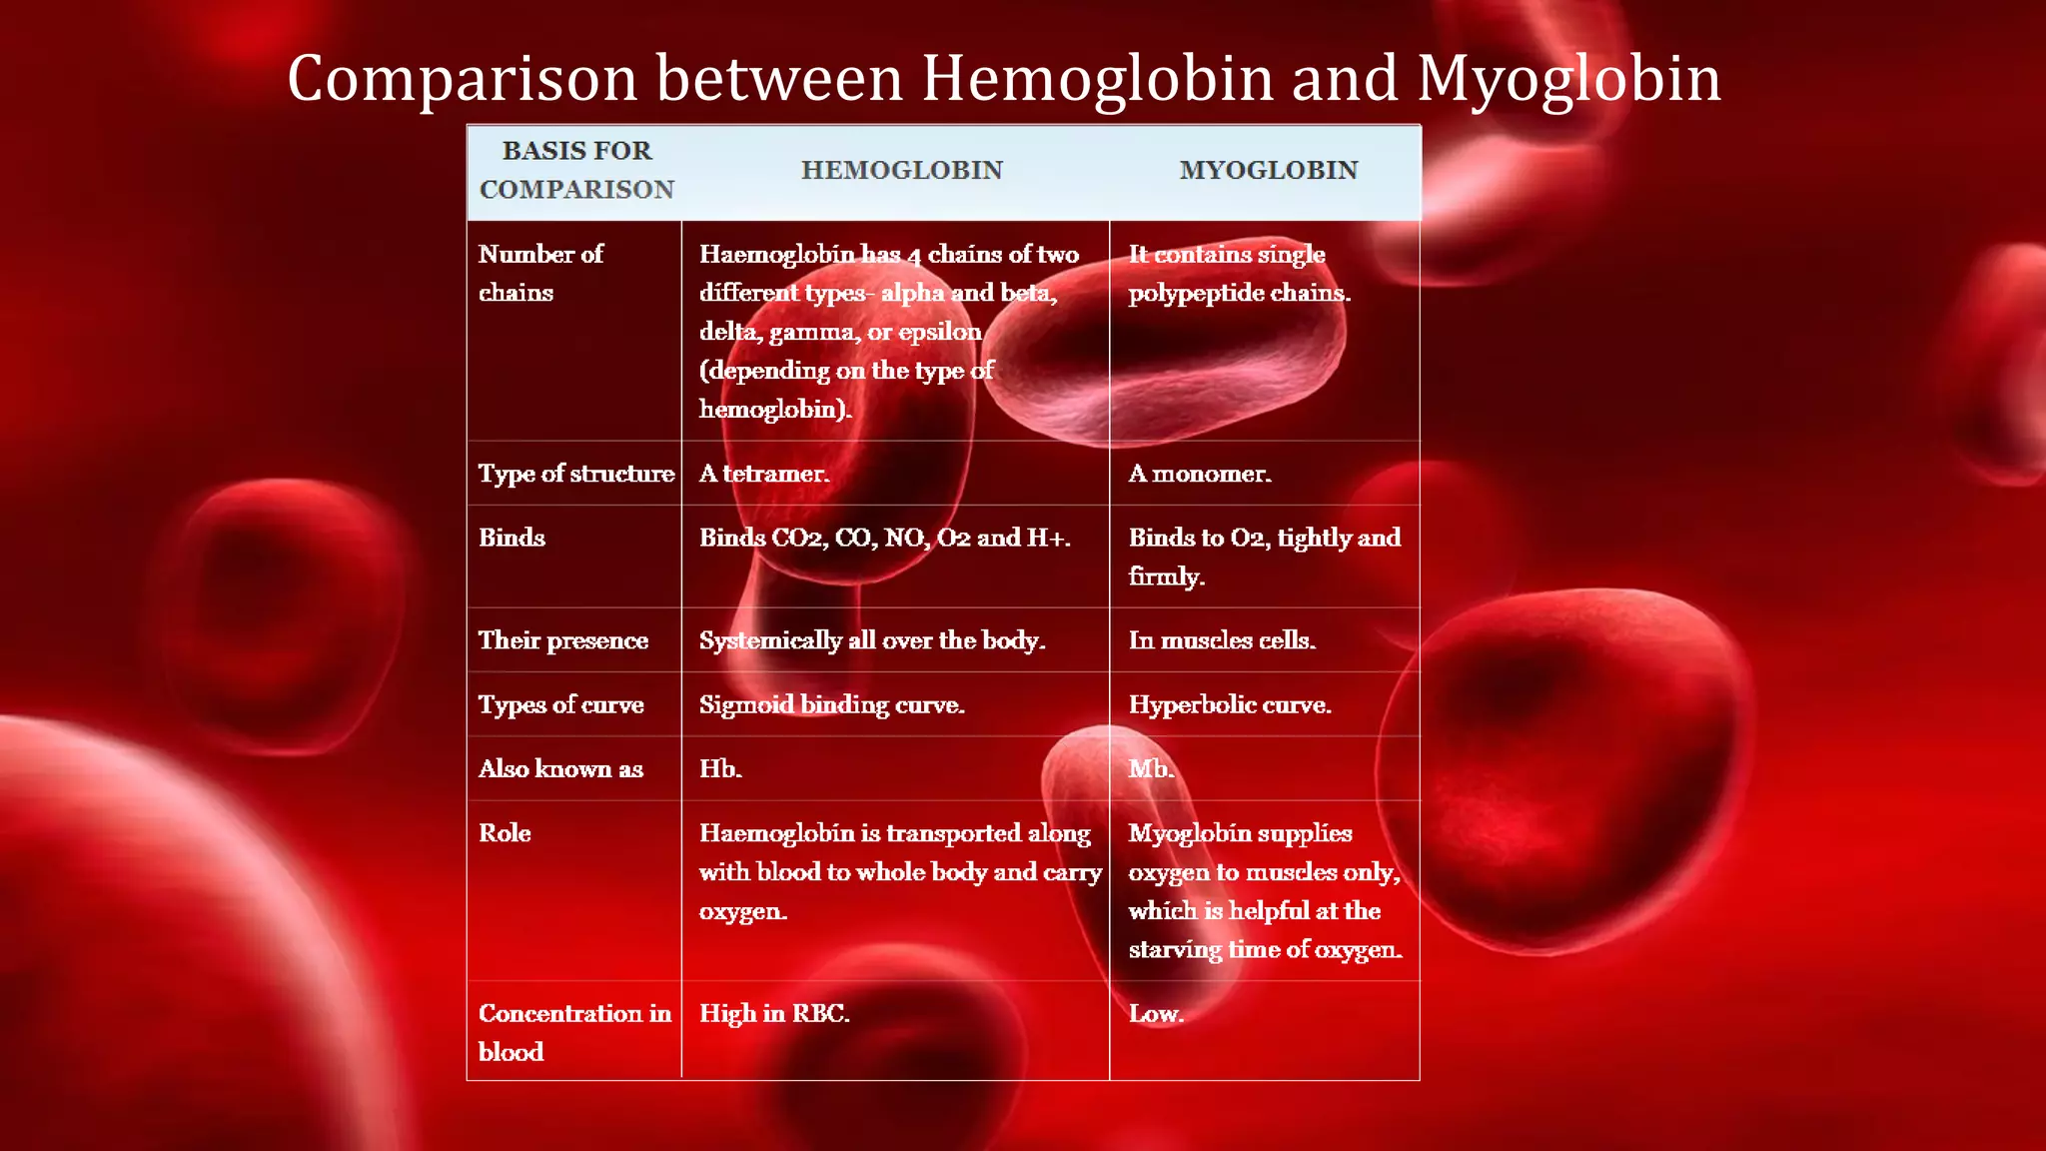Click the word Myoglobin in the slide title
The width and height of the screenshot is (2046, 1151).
[1568, 79]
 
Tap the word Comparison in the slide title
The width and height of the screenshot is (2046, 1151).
[462, 79]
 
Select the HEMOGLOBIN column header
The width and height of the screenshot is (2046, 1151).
[901, 171]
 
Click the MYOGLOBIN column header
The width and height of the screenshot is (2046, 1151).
[1268, 171]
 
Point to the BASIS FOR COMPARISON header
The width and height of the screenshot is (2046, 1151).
[576, 170]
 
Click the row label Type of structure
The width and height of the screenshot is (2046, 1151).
[575, 474]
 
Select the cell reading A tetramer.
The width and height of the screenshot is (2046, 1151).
[764, 474]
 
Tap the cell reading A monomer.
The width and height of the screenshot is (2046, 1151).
[1200, 474]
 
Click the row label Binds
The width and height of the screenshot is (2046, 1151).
[511, 538]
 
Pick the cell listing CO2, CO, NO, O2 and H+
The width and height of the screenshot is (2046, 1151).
[884, 538]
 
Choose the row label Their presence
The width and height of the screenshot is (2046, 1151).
[562, 640]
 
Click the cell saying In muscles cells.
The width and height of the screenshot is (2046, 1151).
[1222, 640]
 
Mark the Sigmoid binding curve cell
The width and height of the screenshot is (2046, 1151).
[831, 704]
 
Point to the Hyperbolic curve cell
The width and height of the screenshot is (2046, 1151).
[1230, 704]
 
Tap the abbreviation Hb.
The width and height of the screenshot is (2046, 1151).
[720, 768]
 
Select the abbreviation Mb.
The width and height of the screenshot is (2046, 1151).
[1151, 768]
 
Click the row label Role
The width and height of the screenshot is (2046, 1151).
[505, 833]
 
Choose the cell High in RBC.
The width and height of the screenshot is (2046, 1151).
[774, 1013]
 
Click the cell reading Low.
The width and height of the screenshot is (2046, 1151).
[1156, 1013]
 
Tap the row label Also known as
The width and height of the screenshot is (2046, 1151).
[560, 768]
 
